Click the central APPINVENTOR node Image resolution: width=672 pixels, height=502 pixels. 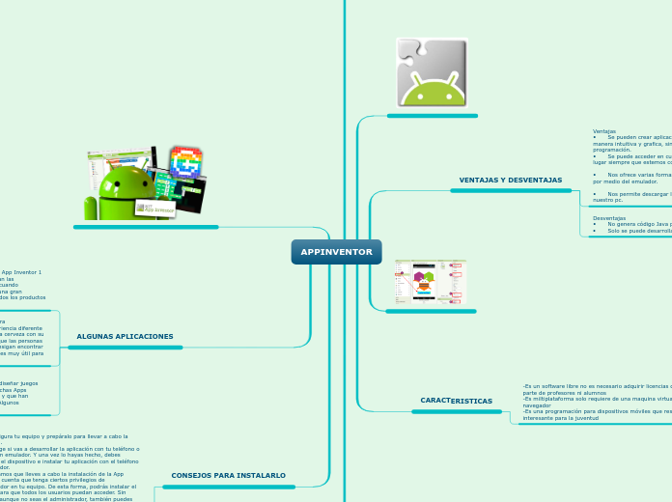pyautogui.click(x=336, y=252)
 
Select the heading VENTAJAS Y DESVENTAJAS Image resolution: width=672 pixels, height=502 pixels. pyautogui.click(x=510, y=181)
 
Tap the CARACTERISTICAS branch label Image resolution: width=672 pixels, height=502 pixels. pyautogui.click(x=456, y=400)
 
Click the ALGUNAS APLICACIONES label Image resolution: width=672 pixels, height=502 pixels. pyautogui.click(x=125, y=336)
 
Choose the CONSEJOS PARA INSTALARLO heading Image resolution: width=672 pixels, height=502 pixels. pyautogui.click(x=228, y=475)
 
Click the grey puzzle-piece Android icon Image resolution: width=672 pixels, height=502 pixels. pyautogui.click(x=432, y=72)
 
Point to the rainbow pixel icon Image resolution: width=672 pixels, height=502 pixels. pyautogui.click(x=185, y=162)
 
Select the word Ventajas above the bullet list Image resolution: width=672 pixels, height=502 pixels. pyautogui.click(x=604, y=131)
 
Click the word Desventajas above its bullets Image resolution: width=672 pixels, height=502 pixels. pyautogui.click(x=608, y=218)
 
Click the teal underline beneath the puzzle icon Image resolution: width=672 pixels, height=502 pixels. pyautogui.click(x=432, y=116)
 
